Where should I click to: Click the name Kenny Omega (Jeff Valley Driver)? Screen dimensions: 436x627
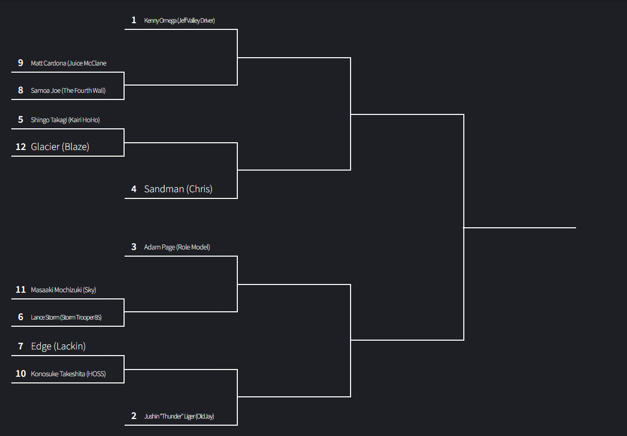[x=179, y=21]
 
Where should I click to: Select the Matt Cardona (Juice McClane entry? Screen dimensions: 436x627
[x=68, y=63]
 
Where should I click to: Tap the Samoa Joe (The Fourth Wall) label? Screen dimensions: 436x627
[x=68, y=91]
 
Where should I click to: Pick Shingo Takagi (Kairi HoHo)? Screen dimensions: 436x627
[x=65, y=120]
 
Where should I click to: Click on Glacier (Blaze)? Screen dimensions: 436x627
[x=60, y=147]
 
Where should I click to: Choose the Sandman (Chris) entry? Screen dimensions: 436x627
[x=178, y=189]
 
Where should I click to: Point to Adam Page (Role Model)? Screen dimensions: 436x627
[x=177, y=247]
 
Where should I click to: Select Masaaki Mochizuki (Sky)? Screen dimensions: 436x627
[x=63, y=290]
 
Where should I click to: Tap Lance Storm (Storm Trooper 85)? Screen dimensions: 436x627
[x=66, y=317]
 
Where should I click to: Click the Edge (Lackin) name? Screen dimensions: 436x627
[x=58, y=346]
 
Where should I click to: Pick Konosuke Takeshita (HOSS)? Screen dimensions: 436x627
[x=68, y=374]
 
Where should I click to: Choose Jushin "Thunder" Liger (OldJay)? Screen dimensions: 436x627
[x=179, y=416]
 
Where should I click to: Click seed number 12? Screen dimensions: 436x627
[x=21, y=147]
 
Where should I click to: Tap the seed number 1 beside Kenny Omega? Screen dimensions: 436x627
[x=134, y=20]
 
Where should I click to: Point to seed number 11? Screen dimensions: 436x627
[x=21, y=290]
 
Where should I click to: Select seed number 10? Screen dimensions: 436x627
[x=21, y=374]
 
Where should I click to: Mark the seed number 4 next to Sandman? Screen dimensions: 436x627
[x=134, y=189]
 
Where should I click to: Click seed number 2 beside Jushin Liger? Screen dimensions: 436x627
[x=134, y=416]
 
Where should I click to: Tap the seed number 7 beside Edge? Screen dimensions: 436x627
[x=21, y=346]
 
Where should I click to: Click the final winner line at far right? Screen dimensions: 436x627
[x=520, y=227]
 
